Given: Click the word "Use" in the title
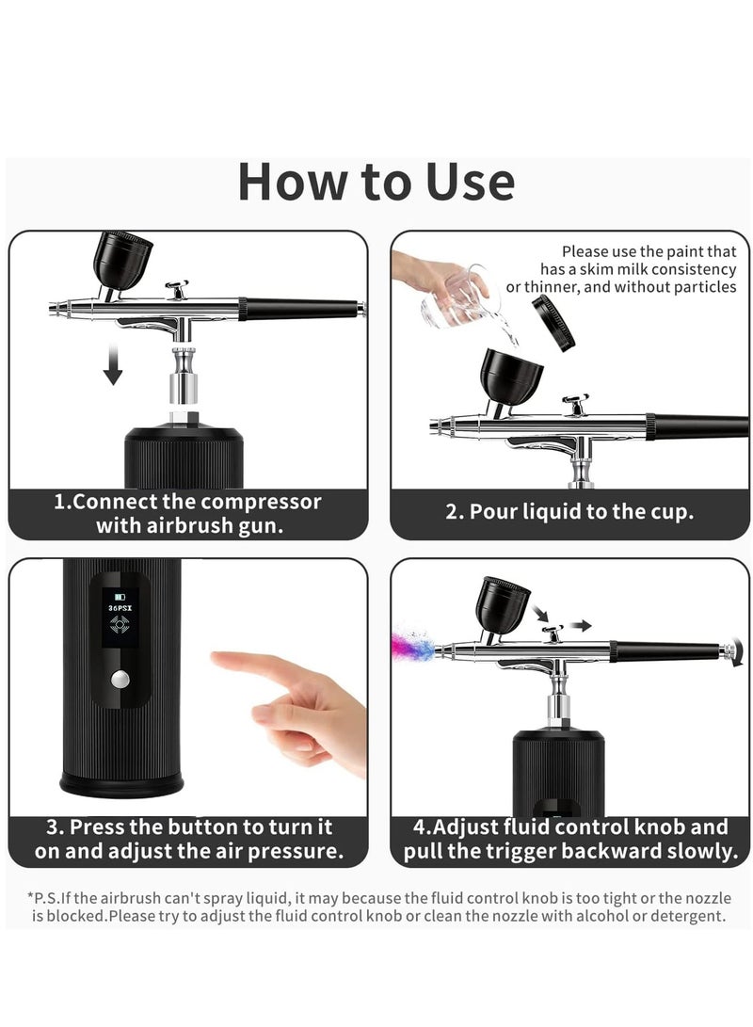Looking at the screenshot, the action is click(x=470, y=182).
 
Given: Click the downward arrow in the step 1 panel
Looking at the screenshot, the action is click(x=113, y=365).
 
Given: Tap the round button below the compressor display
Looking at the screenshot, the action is click(x=120, y=679).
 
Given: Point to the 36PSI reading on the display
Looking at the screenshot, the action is click(x=120, y=608).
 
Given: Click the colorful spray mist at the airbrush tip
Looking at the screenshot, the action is click(x=413, y=645).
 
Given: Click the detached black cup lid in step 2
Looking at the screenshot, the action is click(x=553, y=323).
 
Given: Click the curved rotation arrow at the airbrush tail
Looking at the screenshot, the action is click(x=737, y=651).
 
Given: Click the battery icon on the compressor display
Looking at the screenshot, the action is click(x=120, y=597).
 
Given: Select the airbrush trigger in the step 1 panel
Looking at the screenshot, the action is click(x=178, y=289).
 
